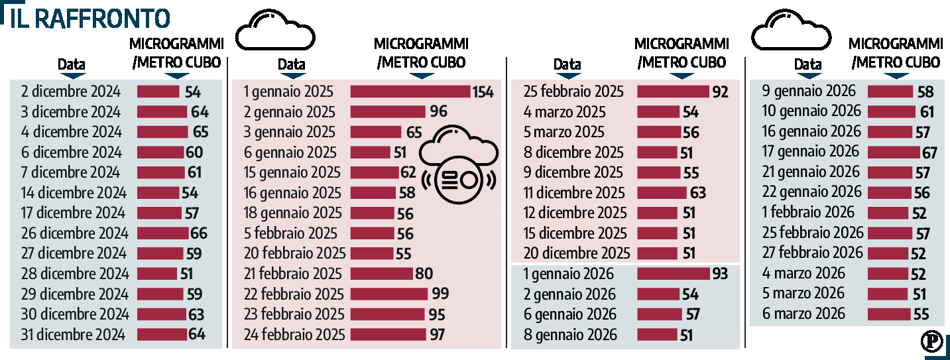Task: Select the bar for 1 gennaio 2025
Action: tap(410, 91)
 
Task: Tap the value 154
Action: tap(483, 92)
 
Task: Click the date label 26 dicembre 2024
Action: tap(74, 233)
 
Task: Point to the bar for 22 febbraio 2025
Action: tap(389, 294)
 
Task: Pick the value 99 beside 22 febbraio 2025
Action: tap(440, 294)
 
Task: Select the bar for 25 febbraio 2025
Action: tap(672, 91)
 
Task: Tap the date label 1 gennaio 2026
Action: tap(568, 274)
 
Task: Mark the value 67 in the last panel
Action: tap(929, 152)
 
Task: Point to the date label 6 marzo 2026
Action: tap(803, 314)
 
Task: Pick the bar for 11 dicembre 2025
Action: tap(662, 193)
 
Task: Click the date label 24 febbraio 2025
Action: tap(294, 335)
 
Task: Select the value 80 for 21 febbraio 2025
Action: tap(424, 274)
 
